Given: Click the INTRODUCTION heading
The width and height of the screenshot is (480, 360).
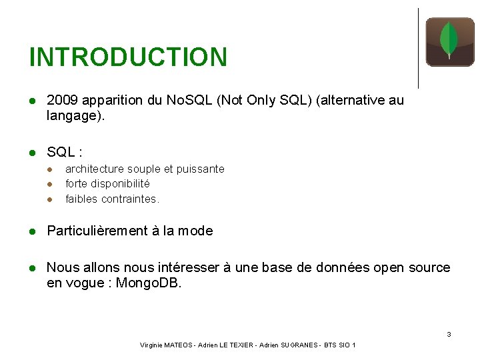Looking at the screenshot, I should (x=128, y=57).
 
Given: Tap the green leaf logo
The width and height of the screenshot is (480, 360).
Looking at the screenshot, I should (x=449, y=41).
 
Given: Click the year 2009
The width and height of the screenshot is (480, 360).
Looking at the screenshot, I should (x=61, y=100).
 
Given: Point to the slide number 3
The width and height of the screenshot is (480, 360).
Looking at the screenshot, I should (x=449, y=334).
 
